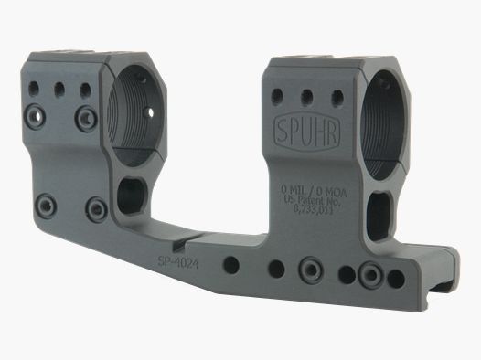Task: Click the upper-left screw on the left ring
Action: [37, 114]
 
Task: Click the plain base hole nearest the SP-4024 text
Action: [232, 265]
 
